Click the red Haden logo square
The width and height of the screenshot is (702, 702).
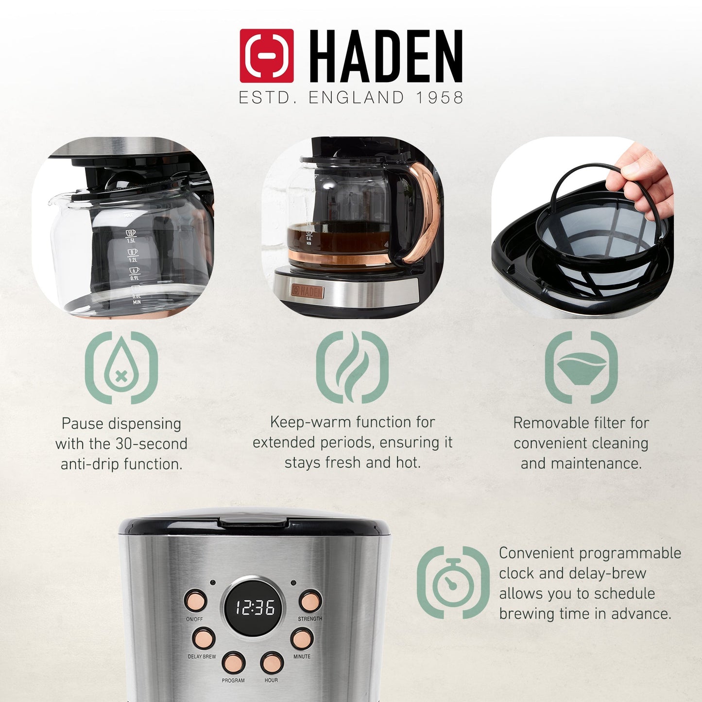tap(266, 55)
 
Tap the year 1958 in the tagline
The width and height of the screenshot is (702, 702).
tap(439, 98)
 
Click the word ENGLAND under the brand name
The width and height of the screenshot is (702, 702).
tap(356, 98)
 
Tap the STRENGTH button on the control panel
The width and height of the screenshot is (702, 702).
tap(309, 601)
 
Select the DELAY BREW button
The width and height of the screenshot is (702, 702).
tap(203, 638)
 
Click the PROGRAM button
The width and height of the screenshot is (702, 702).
tap(234, 663)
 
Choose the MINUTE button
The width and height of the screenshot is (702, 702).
tap(302, 638)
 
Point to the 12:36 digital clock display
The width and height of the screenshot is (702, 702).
tap(255, 607)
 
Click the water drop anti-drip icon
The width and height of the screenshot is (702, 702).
tap(121, 367)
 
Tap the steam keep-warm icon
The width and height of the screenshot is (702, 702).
tap(352, 367)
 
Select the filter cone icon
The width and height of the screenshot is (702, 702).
tap(581, 367)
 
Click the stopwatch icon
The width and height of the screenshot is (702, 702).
tap(453, 582)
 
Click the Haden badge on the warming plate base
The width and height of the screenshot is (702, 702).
tap(307, 291)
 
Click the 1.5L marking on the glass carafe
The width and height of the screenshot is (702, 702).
tap(131, 240)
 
